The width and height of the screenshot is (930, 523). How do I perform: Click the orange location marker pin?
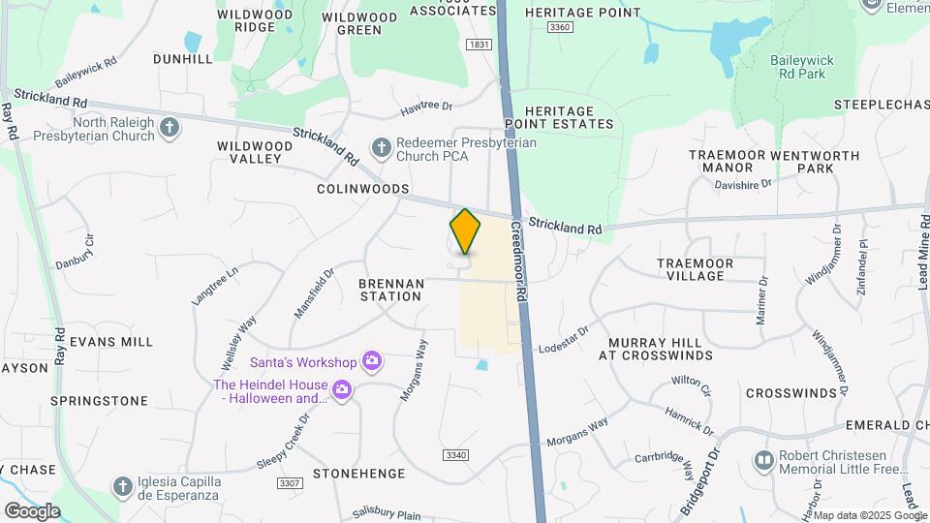[465, 231]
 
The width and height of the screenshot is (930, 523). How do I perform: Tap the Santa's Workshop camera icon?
[370, 361]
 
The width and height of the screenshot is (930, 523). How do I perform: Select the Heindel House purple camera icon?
[341, 390]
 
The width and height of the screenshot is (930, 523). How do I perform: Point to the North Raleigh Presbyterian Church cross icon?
[170, 128]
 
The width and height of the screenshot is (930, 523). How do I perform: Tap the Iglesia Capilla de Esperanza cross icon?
[122, 486]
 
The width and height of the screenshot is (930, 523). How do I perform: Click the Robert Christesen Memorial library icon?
[765, 459]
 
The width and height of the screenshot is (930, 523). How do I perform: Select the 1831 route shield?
[479, 45]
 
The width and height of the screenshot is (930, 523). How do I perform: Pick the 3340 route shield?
[455, 454]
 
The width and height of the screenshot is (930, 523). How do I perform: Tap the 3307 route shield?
[289, 483]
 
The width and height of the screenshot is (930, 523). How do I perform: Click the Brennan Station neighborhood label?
[390, 290]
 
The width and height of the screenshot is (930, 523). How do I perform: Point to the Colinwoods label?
[363, 189]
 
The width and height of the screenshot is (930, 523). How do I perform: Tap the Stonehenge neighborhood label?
[352, 474]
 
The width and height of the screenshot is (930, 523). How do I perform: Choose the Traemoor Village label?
[703, 269]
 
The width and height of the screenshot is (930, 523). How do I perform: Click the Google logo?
[32, 510]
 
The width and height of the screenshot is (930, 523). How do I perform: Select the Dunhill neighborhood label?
[182, 59]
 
